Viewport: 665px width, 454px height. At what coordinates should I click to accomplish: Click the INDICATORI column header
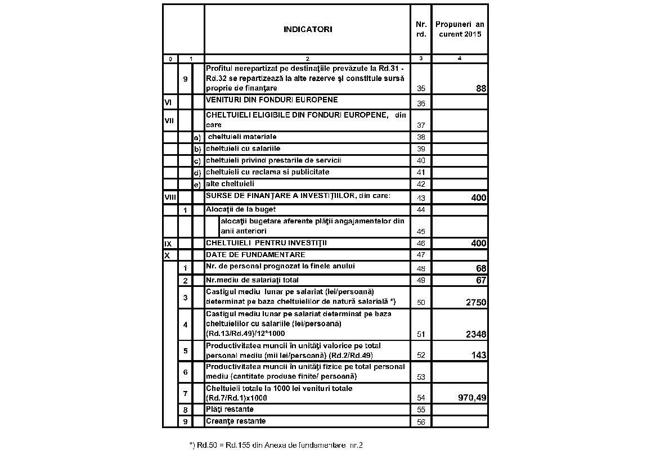click(307, 29)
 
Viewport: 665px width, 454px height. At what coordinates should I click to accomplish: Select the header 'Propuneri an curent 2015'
click(460, 29)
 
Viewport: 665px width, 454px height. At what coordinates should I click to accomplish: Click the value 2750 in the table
click(476, 302)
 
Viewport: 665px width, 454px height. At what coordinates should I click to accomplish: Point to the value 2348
click(476, 334)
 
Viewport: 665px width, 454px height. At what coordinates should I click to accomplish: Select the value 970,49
click(472, 398)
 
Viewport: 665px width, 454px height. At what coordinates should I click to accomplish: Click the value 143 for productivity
click(479, 356)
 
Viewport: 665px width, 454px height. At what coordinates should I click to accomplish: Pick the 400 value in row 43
click(479, 197)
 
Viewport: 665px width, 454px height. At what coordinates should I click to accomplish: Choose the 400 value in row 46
click(479, 244)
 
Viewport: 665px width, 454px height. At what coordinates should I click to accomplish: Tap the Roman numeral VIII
click(169, 197)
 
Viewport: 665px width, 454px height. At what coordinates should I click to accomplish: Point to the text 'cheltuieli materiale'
click(242, 137)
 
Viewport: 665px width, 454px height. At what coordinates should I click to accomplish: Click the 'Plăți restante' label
click(230, 409)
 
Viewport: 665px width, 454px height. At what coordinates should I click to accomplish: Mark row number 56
click(421, 421)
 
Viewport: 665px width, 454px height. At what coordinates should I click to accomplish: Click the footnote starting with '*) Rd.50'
click(276, 445)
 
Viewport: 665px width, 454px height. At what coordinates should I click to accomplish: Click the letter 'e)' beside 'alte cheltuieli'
click(197, 184)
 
